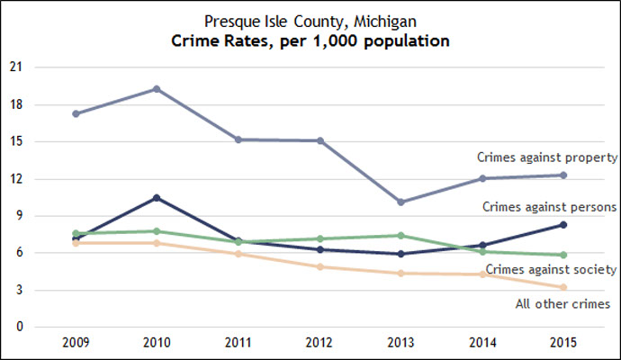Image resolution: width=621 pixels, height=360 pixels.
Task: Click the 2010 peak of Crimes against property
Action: (157, 89)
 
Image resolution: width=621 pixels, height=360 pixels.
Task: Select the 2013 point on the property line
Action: (402, 202)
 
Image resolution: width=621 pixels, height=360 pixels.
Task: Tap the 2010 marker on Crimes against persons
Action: (157, 198)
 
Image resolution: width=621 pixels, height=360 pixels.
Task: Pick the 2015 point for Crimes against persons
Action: (562, 225)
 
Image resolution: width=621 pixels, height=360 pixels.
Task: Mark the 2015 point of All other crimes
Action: (562, 287)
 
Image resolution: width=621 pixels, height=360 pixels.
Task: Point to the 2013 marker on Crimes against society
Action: (402, 236)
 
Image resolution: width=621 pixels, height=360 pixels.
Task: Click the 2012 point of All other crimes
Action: (319, 267)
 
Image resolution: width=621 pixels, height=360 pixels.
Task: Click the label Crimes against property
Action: (546, 157)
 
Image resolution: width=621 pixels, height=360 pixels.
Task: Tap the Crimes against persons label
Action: (549, 206)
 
